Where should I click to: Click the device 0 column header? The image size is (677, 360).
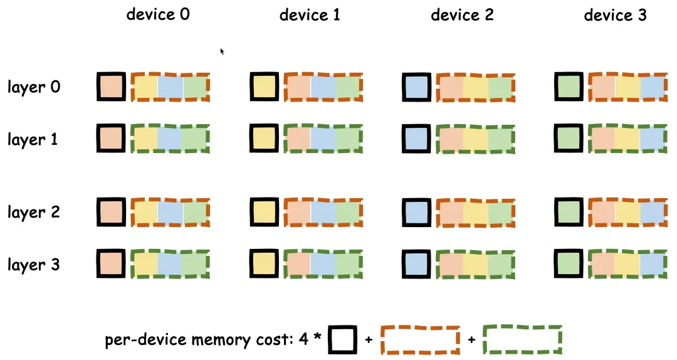158,14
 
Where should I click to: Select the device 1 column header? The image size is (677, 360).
310,15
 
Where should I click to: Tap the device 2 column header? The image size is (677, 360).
462,15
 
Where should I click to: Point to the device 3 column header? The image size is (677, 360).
615,15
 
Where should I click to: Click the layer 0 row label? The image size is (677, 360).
34,87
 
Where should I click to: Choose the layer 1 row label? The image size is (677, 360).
33,139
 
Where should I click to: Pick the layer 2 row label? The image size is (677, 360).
34,212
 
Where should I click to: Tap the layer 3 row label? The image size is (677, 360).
34,265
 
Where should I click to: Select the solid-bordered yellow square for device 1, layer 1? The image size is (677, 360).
264,139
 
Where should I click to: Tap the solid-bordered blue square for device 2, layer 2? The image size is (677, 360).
416,211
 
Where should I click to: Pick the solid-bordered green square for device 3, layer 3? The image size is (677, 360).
569,263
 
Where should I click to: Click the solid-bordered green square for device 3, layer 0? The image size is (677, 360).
569,87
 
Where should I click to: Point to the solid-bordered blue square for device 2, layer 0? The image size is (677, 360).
416,87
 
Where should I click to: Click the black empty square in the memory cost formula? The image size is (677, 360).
342,340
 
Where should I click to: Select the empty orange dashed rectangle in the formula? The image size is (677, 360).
419,340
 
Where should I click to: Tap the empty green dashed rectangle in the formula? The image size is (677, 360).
522,340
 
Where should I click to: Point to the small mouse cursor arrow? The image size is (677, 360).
223,51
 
